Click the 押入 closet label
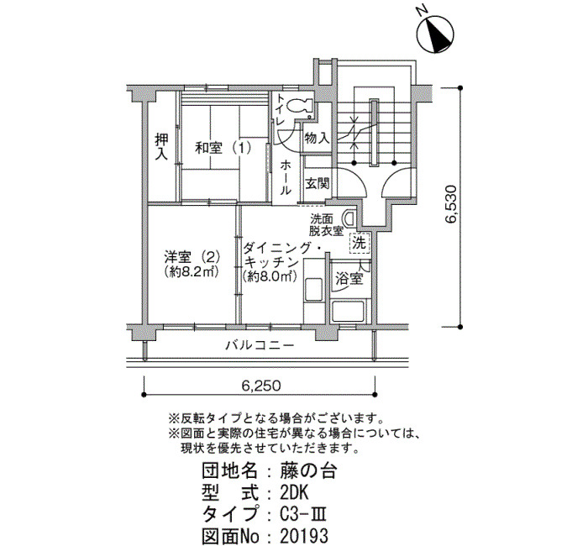click(162, 147)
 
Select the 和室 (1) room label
click(223, 148)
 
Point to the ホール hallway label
click(286, 176)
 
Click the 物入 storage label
click(318, 138)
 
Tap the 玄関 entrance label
click(318, 184)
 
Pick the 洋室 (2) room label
click(192, 257)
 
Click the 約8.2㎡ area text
click(192, 272)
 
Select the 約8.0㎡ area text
click(270, 276)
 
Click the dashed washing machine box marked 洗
click(360, 243)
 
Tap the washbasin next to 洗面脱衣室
click(349, 218)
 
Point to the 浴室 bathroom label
click(349, 279)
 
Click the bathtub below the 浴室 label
click(349, 310)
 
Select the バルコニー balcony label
click(260, 345)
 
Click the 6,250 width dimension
click(260, 385)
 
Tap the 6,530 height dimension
click(451, 204)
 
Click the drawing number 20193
click(304, 536)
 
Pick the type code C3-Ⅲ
click(303, 514)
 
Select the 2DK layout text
click(294, 493)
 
